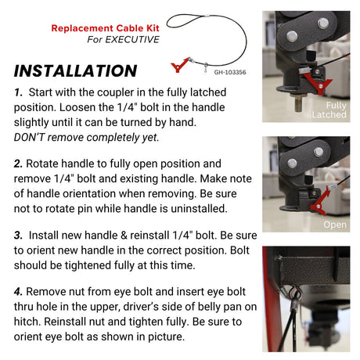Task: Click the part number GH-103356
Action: [x=230, y=71]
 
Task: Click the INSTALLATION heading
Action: [x=76, y=70]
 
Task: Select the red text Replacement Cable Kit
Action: [x=105, y=27]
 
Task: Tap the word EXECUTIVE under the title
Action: [x=135, y=39]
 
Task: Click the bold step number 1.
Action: [x=18, y=92]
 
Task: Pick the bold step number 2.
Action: [x=19, y=165]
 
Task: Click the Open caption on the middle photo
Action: [x=334, y=225]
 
